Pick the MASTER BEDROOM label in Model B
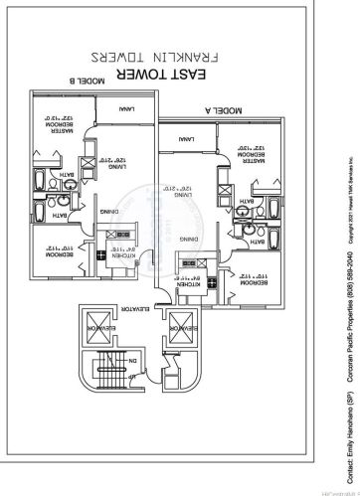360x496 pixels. [x=46, y=124]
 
